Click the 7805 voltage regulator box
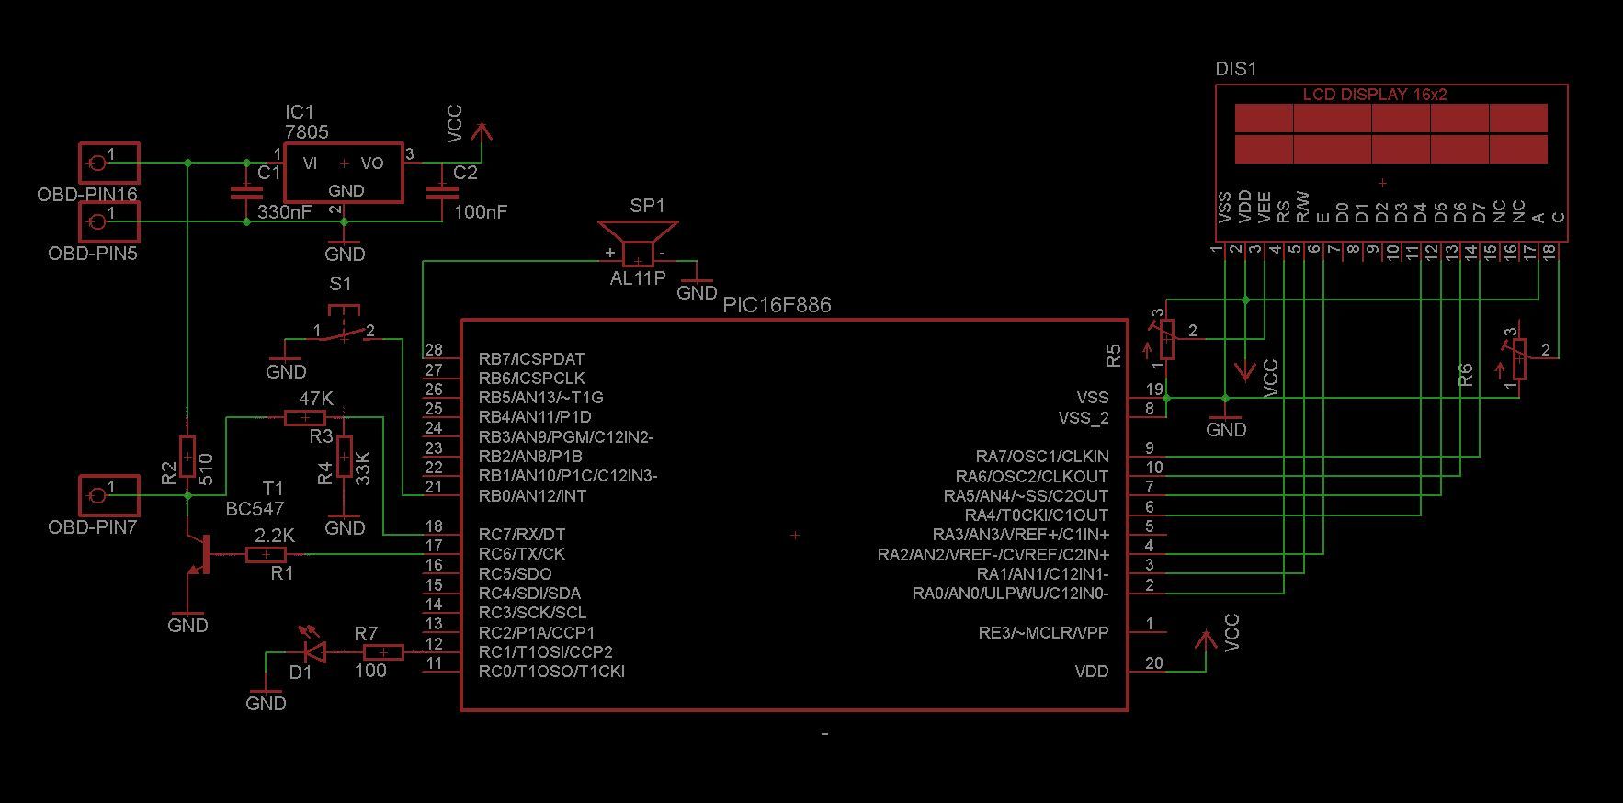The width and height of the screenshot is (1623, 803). pyautogui.click(x=344, y=172)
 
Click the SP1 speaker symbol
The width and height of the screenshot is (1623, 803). pyautogui.click(x=638, y=243)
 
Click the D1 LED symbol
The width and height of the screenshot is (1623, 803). pyautogui.click(x=315, y=652)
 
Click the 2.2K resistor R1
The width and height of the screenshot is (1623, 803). pyautogui.click(x=266, y=554)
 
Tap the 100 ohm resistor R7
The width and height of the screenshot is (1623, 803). pyautogui.click(x=383, y=652)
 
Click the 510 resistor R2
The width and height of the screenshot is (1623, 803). pyautogui.click(x=187, y=457)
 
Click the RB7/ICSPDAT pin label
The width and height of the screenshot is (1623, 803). pyautogui.click(x=531, y=359)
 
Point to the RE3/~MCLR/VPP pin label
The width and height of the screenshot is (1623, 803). pyautogui.click(x=1043, y=633)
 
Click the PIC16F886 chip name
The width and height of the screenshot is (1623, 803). pyautogui.click(x=777, y=305)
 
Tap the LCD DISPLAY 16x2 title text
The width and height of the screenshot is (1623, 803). pyautogui.click(x=1375, y=95)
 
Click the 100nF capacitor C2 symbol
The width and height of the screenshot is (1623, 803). pyautogui.click(x=442, y=192)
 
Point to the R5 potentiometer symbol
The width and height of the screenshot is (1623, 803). pyautogui.click(x=1166, y=339)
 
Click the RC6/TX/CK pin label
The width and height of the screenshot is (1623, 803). pyautogui.click(x=521, y=554)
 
